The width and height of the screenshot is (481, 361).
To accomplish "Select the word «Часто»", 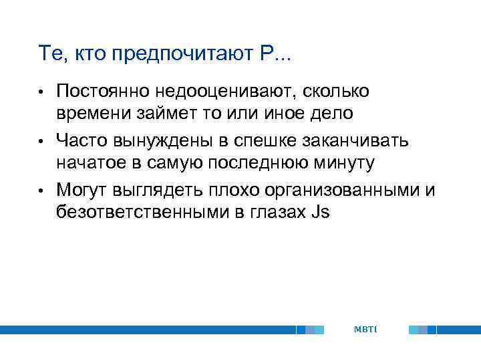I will pyautogui.click(x=80, y=140).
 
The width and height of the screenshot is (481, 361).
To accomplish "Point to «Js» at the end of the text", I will pyautogui.click(x=320, y=213).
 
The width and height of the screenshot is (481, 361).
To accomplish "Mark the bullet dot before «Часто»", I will pyautogui.click(x=41, y=140).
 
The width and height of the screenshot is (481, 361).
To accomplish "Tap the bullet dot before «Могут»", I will pyautogui.click(x=41, y=191).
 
